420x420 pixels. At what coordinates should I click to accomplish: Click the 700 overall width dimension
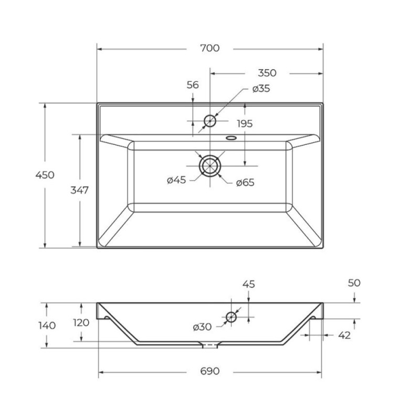click(209, 48)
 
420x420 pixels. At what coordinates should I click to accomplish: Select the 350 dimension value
click(267, 73)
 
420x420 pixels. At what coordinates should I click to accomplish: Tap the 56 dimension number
click(193, 85)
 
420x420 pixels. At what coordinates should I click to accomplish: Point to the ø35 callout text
click(261, 89)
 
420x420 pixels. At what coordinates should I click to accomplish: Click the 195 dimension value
click(245, 124)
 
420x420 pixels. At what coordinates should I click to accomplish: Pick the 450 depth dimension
click(45, 175)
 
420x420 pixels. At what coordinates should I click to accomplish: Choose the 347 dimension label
click(80, 190)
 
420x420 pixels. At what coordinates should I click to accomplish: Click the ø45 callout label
click(176, 180)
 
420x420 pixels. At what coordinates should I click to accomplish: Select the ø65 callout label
click(245, 183)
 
